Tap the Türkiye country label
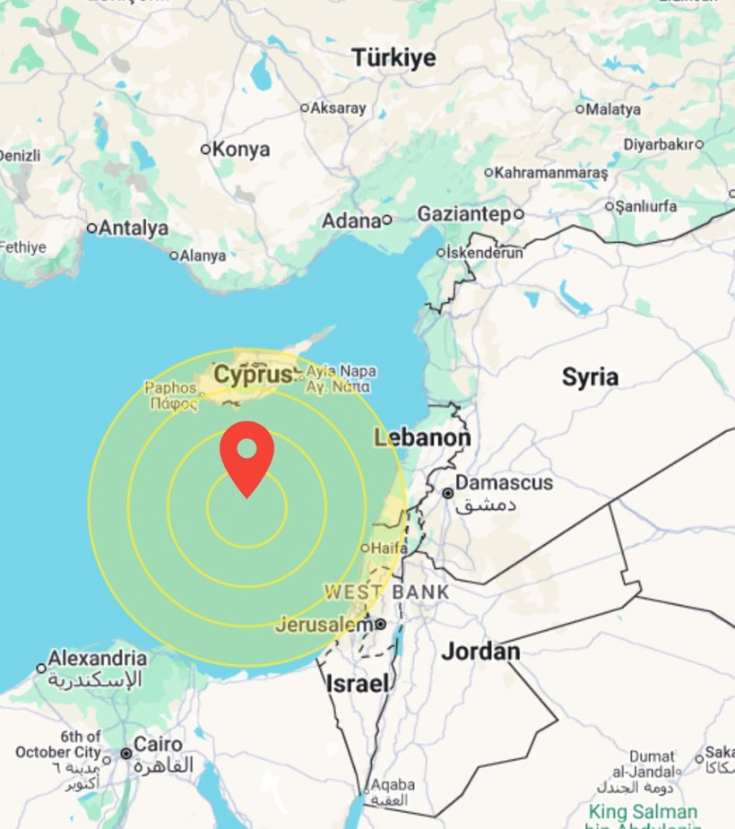tap(393, 58)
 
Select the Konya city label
tap(241, 150)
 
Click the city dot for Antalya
tap(91, 229)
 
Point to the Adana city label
tap(351, 220)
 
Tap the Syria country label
tap(590, 377)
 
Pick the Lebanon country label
tap(421, 438)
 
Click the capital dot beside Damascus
tap(447, 493)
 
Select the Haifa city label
tap(389, 548)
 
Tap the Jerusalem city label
tap(323, 624)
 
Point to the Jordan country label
tap(480, 652)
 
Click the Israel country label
tap(358, 684)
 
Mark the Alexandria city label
tap(97, 659)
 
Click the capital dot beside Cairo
tap(126, 754)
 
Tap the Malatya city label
tap(613, 109)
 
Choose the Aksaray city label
tap(338, 108)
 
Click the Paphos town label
tap(170, 388)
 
